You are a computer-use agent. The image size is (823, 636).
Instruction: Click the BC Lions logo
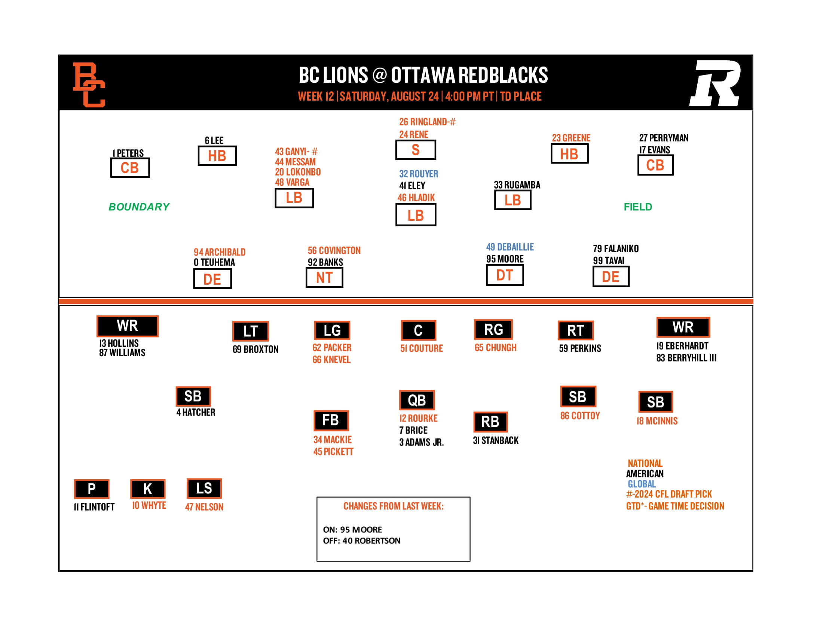coord(89,85)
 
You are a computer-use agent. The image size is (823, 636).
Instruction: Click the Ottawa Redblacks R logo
coord(715,83)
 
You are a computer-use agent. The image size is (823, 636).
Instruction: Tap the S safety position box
coord(415,150)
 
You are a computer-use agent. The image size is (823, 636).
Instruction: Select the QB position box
coord(417,400)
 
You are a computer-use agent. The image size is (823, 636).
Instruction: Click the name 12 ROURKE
coord(418,419)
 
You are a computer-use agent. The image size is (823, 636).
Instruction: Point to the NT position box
coord(324,278)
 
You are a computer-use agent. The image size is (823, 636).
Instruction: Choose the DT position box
coord(505,275)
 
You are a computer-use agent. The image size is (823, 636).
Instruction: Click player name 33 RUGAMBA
coord(517,185)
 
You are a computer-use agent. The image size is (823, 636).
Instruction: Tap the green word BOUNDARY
coord(139,207)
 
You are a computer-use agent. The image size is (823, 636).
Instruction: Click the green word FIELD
coord(638,207)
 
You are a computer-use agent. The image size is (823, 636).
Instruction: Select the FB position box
coord(331,421)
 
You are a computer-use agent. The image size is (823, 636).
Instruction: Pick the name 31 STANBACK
coord(496,440)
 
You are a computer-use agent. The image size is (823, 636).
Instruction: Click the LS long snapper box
coord(204,489)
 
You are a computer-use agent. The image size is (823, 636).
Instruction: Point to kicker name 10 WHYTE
coord(149,506)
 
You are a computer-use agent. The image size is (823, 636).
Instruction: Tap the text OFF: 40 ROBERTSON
coord(361,541)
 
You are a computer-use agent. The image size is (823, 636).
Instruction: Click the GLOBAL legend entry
coord(641,484)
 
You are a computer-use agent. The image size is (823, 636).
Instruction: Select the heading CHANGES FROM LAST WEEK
coord(394,506)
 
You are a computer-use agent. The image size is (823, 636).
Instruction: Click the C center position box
coord(418,330)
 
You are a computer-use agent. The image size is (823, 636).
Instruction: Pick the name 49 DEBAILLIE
coord(510,247)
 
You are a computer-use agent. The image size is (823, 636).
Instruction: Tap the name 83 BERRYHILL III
coord(686,358)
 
